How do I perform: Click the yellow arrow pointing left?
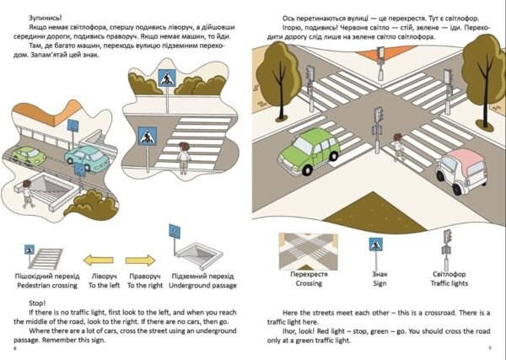tap(99, 260)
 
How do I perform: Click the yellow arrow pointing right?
tap(140, 261)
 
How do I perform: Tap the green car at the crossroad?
tap(309, 151)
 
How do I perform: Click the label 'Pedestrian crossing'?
tap(47, 286)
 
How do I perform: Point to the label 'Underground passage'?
tap(202, 286)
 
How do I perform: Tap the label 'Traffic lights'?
tap(449, 283)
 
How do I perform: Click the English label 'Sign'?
tap(379, 283)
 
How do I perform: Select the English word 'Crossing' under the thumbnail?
tap(309, 283)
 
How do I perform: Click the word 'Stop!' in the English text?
tap(37, 304)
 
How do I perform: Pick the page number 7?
tap(490, 348)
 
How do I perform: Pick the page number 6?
tap(15, 348)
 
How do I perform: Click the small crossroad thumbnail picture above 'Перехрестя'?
tap(308, 251)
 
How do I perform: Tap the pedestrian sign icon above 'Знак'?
tap(376, 244)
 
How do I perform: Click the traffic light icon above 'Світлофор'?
tap(447, 250)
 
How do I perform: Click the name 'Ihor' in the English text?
tap(288, 331)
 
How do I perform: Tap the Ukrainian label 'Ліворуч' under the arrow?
tap(105, 277)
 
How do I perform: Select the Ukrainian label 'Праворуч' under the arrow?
tap(145, 277)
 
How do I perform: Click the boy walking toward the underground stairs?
tap(28, 194)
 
